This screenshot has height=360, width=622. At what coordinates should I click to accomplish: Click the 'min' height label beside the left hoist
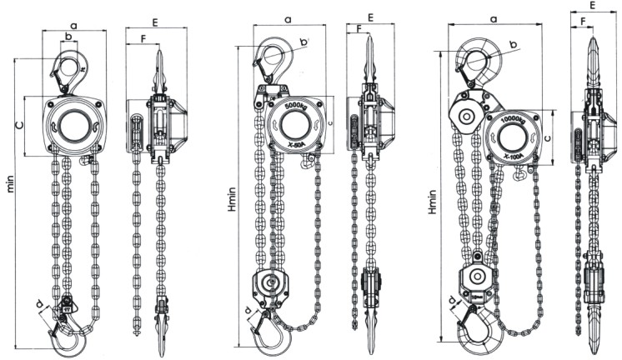pos(10,184)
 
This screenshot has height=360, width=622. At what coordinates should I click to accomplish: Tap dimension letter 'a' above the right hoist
pos(494,17)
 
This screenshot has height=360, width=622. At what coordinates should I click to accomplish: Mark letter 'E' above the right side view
pos(592,6)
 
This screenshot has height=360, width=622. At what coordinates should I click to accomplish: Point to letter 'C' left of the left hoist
pos(20,126)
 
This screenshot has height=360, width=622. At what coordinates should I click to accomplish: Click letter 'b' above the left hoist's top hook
pos(68,35)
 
